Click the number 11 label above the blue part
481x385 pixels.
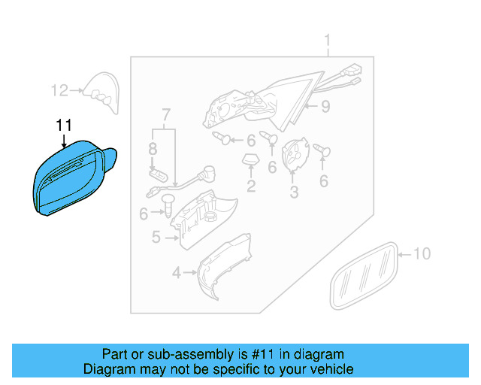[x=64, y=126]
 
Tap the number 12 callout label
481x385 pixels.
[x=59, y=91]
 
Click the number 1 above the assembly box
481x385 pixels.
[x=328, y=40]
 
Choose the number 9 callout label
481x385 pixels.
[x=325, y=107]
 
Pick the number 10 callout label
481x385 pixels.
[x=422, y=254]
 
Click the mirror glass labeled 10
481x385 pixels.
[x=364, y=275]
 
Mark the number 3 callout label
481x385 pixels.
[x=294, y=192]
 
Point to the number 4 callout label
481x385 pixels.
[x=176, y=273]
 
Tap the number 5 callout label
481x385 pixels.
[x=156, y=237]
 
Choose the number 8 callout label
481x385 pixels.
[x=153, y=148]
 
